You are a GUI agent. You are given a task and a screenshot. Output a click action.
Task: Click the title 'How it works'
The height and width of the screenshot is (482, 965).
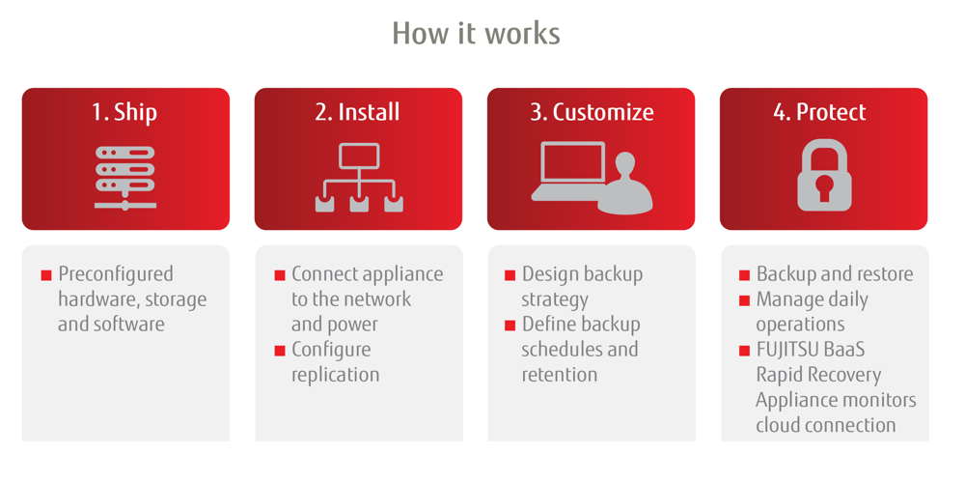coord(477,33)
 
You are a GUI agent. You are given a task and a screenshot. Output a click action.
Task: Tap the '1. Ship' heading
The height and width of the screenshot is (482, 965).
coord(124,112)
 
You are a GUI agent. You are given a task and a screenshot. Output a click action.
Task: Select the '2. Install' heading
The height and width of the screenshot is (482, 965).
coord(358,111)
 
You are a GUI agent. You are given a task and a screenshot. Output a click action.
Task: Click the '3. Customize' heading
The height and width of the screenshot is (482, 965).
coord(592,111)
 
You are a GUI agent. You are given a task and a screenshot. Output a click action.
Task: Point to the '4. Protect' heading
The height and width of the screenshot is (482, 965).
coord(819,111)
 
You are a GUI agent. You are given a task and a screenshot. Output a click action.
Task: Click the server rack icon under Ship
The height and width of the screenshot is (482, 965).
coord(124,177)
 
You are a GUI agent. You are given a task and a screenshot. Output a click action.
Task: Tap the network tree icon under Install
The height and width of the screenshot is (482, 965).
coord(359,178)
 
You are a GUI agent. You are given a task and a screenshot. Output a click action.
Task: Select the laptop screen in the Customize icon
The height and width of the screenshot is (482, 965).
coord(573,161)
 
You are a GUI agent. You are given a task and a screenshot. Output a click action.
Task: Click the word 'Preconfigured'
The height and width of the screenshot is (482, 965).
coord(116,274)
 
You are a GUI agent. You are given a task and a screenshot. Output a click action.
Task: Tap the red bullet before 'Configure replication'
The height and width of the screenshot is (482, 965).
coord(280,351)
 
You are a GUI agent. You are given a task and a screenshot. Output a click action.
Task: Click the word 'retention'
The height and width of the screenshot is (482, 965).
coord(560,375)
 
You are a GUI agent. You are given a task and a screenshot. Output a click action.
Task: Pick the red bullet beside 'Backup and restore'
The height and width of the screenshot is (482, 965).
coord(745,275)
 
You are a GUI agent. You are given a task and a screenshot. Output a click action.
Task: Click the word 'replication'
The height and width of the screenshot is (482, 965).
coord(336,375)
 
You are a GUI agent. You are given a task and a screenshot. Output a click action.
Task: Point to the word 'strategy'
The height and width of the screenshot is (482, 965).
coord(555,300)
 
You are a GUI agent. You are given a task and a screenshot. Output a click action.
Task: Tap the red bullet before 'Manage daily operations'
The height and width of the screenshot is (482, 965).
coord(745,300)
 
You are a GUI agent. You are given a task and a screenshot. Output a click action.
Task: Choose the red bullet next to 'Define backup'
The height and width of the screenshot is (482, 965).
coord(510,326)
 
